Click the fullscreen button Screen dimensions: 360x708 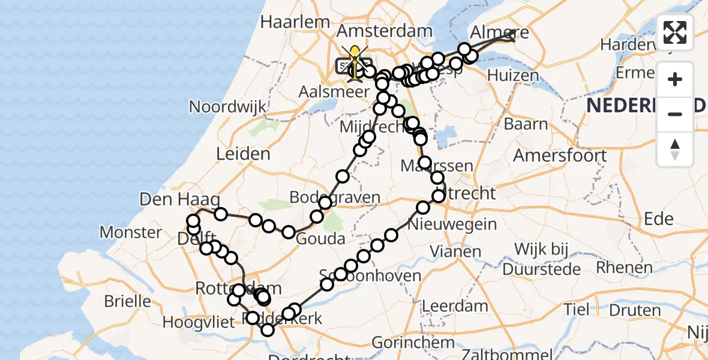(675, 32)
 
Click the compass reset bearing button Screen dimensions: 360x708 (675, 149)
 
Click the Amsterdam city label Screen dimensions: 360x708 (385, 31)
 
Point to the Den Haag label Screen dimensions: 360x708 (179, 199)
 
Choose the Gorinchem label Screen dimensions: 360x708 (413, 343)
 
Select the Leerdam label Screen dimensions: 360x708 (455, 306)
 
